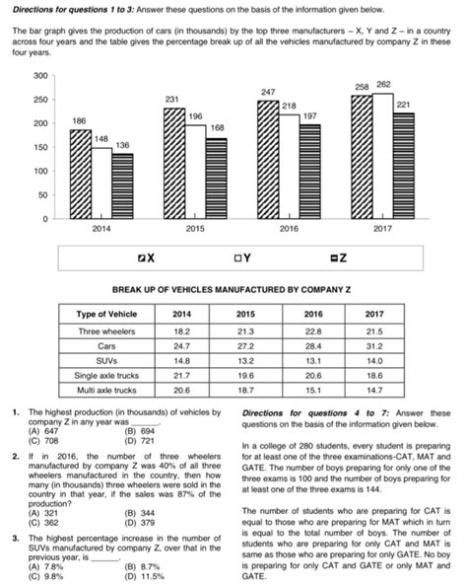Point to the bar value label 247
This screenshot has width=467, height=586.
pyautogui.click(x=266, y=91)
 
